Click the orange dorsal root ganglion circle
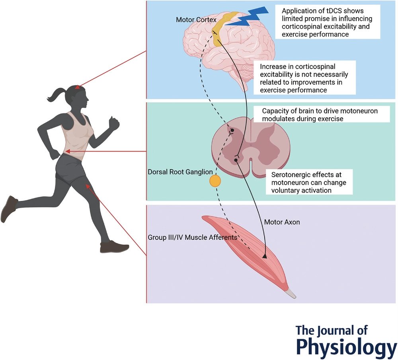point(215,181)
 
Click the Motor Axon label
point(282,222)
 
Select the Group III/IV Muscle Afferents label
point(193,237)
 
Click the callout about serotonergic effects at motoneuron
point(309,182)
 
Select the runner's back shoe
point(8,208)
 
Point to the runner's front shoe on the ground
point(114,247)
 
